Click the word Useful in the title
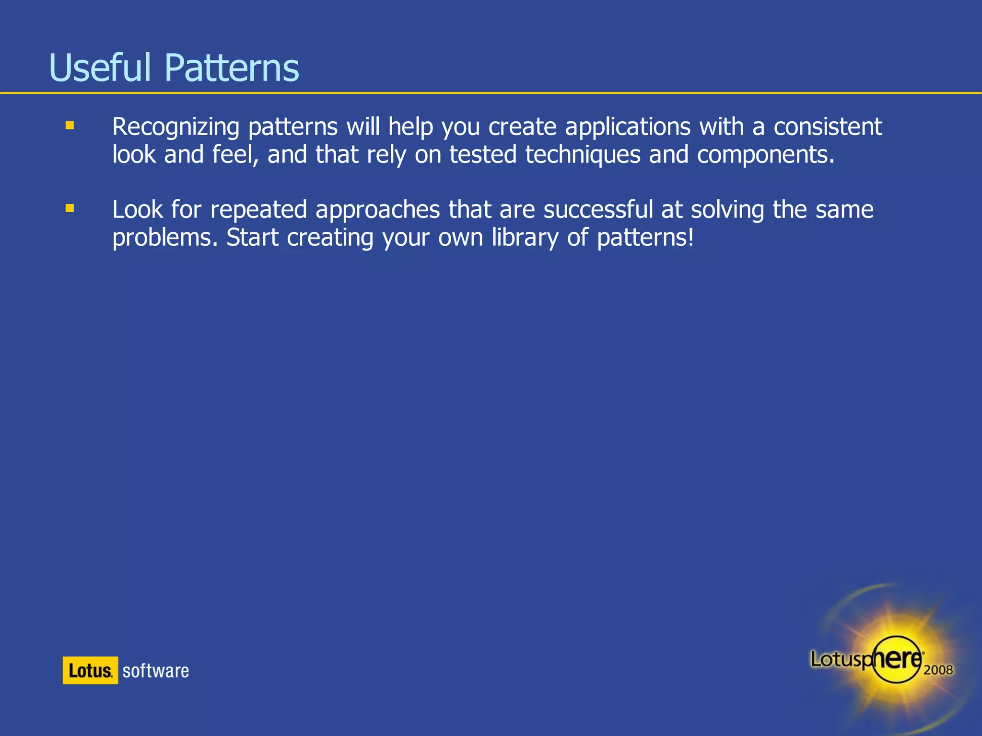(100, 68)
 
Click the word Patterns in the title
(232, 68)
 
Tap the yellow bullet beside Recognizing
(70, 126)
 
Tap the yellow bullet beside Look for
(70, 208)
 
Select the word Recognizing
(175, 127)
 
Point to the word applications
(628, 127)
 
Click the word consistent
(828, 127)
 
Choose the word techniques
(583, 155)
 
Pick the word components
(765, 155)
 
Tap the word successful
(598, 210)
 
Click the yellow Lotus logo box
(90, 670)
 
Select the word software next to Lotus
(155, 671)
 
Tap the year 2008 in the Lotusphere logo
(938, 670)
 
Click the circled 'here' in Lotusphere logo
(897, 659)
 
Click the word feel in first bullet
(234, 155)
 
